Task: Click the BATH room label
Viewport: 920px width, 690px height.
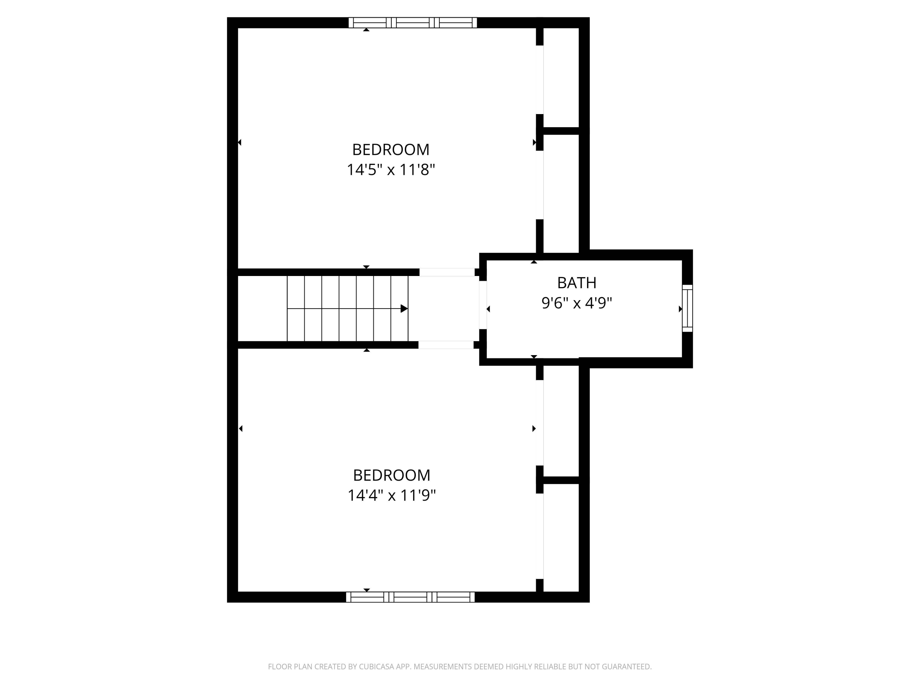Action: (x=577, y=283)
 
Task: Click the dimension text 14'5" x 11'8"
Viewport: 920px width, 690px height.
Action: (x=391, y=170)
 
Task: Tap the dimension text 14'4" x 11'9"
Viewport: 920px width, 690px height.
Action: (x=391, y=495)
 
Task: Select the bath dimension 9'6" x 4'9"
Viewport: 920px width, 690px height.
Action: (x=577, y=303)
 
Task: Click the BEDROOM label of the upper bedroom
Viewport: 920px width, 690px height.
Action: (x=391, y=149)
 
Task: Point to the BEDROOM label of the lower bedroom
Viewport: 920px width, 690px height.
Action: (x=391, y=475)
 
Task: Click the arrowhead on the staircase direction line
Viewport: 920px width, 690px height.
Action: (x=404, y=309)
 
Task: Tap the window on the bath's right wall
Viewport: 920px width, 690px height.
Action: (x=687, y=308)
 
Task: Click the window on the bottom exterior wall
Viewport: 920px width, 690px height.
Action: (x=410, y=597)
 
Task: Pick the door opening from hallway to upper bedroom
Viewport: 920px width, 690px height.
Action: (x=447, y=272)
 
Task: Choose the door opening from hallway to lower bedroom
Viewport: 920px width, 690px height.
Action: (x=446, y=345)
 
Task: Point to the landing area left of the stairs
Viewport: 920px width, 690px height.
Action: (x=262, y=309)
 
